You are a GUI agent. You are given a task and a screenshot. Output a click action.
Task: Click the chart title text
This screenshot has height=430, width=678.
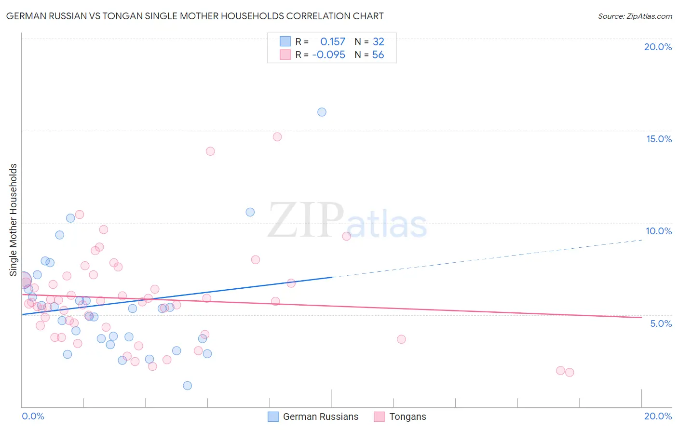(x=195, y=16)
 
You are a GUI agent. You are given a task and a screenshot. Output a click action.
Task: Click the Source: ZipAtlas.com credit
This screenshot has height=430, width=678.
(x=635, y=16)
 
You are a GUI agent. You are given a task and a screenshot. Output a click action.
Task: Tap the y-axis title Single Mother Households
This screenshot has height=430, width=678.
(x=14, y=220)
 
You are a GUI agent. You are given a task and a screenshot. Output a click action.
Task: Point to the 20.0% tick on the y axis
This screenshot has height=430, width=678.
(x=658, y=47)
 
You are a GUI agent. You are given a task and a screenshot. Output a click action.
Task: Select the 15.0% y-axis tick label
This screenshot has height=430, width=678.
(x=659, y=139)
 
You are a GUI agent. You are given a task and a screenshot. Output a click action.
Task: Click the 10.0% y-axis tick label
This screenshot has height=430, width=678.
(x=659, y=231)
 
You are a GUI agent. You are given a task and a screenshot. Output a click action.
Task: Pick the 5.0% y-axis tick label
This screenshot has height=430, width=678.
(x=661, y=323)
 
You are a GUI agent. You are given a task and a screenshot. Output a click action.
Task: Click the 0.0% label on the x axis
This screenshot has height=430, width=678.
(x=33, y=416)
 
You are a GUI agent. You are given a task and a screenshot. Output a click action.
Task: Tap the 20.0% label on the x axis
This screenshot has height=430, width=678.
(x=658, y=416)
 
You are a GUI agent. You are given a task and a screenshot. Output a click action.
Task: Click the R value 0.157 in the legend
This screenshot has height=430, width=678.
(x=333, y=42)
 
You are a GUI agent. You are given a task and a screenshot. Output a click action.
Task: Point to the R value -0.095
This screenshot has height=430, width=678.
(x=329, y=55)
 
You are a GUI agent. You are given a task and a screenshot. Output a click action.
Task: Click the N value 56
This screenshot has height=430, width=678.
(x=378, y=55)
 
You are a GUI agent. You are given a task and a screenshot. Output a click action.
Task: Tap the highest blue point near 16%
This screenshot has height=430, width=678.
(x=322, y=112)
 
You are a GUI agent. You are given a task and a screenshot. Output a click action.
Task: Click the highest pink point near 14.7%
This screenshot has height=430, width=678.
(x=277, y=137)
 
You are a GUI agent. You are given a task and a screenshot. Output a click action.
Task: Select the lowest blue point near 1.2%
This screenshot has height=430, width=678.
(x=188, y=386)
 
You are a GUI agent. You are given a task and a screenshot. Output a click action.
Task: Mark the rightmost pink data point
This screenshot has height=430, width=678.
(x=570, y=372)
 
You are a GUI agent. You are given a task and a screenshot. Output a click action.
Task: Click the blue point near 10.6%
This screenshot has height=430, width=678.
(x=250, y=212)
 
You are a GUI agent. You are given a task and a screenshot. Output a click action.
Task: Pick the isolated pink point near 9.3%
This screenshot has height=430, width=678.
(x=346, y=236)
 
